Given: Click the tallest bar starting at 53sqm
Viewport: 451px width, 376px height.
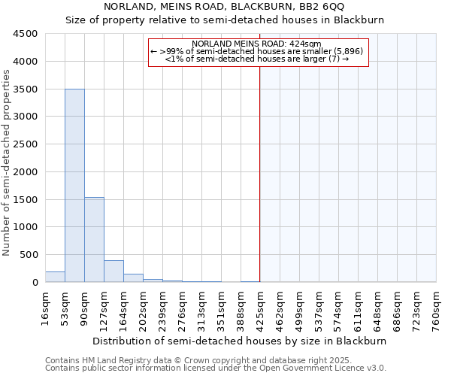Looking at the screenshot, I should pyautogui.click(x=74, y=185).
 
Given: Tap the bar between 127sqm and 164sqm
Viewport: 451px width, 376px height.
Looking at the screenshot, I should pyautogui.click(x=114, y=271).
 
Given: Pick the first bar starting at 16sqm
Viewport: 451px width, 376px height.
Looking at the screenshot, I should pyautogui.click(x=55, y=277).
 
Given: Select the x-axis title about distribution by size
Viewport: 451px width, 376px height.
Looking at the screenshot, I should pyautogui.click(x=241, y=341).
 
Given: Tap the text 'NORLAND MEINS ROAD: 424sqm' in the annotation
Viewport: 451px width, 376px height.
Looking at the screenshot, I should pyautogui.click(x=256, y=44).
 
